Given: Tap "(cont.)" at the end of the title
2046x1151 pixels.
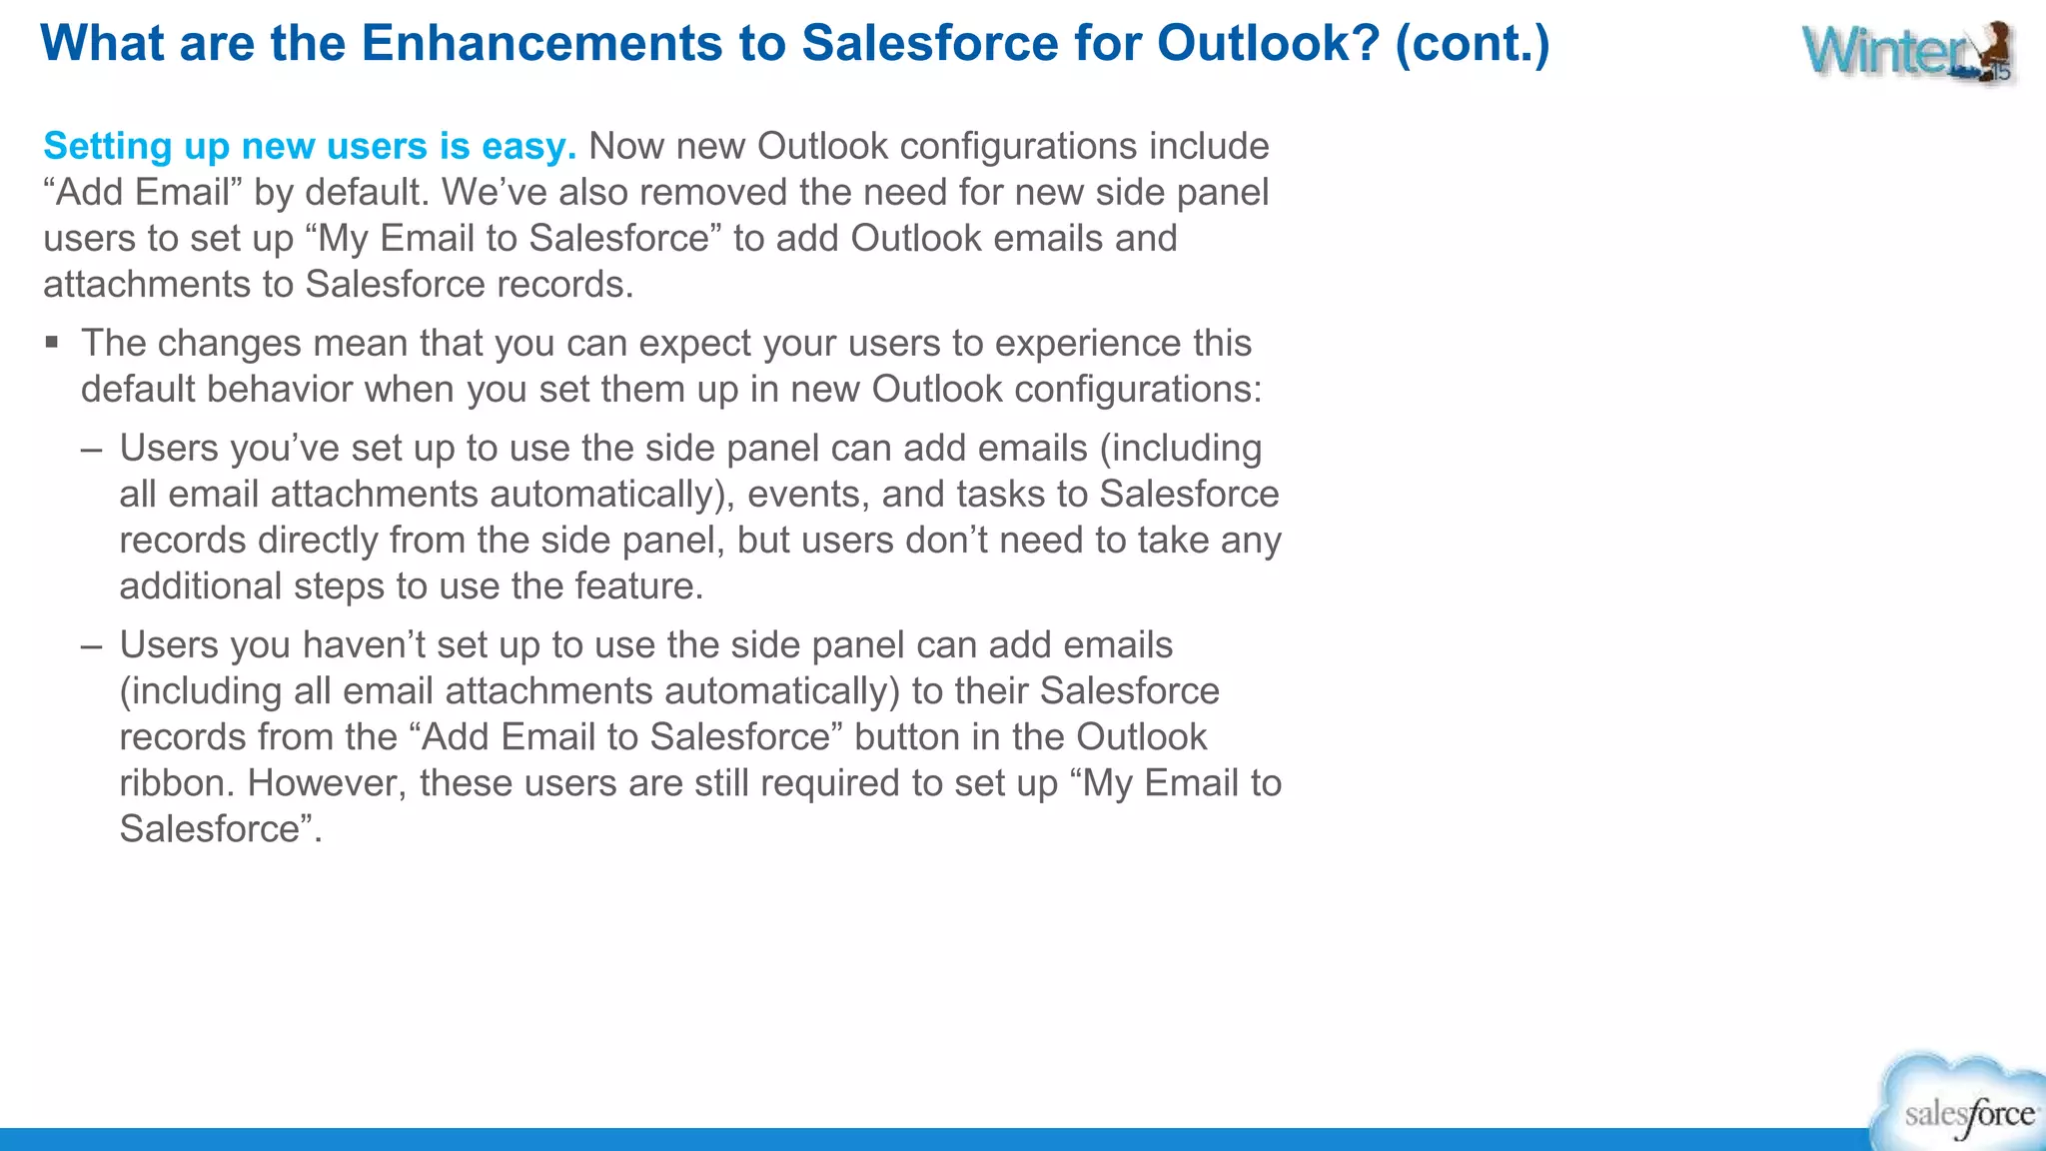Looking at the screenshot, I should pos(1472,44).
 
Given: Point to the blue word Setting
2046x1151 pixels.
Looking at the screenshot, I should pos(108,147).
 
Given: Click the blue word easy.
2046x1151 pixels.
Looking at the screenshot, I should pos(527,147).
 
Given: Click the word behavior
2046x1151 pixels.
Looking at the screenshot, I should pos(280,390).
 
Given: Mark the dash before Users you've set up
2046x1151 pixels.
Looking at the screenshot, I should pos(92,449).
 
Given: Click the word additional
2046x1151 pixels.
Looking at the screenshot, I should pos(200,586).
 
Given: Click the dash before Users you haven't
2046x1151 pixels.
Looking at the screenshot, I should pos(92,645).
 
